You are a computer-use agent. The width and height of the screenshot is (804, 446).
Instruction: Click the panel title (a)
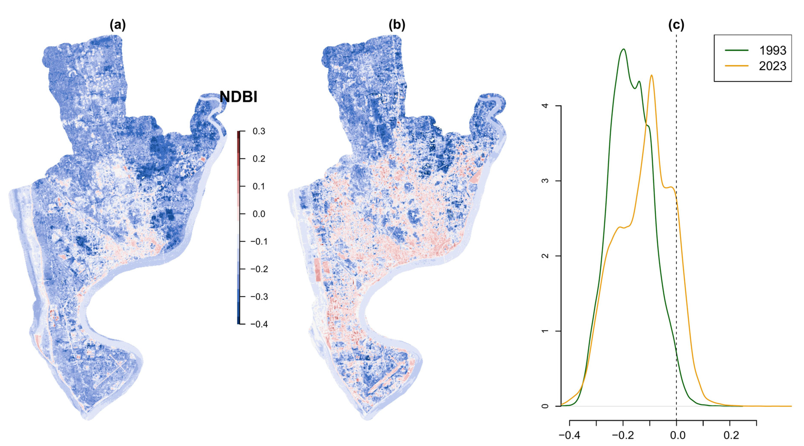point(118,25)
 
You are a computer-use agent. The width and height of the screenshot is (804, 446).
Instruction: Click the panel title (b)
point(397,25)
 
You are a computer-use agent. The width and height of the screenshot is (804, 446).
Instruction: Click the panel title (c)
point(676,25)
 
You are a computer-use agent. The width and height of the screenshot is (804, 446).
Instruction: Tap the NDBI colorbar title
point(238,97)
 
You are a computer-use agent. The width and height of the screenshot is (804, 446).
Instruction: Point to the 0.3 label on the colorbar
point(259,131)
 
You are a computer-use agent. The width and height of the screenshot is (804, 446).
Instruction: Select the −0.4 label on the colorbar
point(259,324)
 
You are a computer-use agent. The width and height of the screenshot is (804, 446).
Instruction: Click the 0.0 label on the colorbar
point(259,214)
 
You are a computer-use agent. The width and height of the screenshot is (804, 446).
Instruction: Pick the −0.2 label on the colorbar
point(259,269)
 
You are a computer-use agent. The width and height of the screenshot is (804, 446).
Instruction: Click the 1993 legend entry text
point(773,51)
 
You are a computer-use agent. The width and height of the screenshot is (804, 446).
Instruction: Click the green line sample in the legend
point(737,50)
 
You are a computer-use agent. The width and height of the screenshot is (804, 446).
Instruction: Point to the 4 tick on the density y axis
point(545,106)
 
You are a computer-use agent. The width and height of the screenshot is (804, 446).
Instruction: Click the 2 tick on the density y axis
point(545,256)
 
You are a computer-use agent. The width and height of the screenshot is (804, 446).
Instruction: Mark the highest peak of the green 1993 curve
point(623,49)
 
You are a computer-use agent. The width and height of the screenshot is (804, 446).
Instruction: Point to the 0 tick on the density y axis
point(545,406)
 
